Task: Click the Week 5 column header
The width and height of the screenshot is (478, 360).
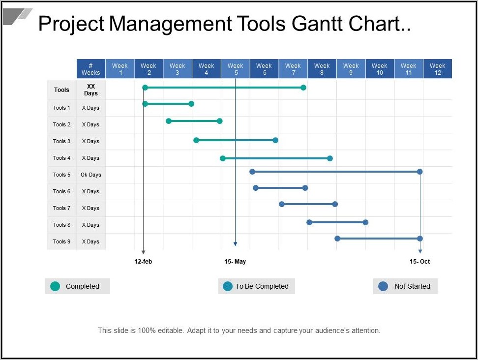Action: pyautogui.click(x=235, y=69)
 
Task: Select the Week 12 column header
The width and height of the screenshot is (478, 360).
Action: pyautogui.click(x=437, y=69)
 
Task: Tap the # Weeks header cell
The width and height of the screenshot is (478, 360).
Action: pyautogui.click(x=91, y=69)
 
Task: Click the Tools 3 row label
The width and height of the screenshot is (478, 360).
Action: pyautogui.click(x=62, y=141)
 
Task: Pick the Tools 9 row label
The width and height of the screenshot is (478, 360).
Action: pyautogui.click(x=62, y=241)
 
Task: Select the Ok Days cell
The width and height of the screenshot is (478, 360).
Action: pyautogui.click(x=91, y=175)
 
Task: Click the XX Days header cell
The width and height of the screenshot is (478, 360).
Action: pyautogui.click(x=91, y=90)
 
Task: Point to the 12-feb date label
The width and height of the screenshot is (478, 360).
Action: pyautogui.click(x=143, y=262)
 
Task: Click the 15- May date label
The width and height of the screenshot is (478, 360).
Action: pyautogui.click(x=235, y=262)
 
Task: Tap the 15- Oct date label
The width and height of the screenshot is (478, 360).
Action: pyautogui.click(x=419, y=262)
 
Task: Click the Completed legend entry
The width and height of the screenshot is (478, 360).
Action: pyautogui.click(x=78, y=286)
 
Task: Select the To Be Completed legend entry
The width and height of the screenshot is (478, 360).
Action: pyautogui.click(x=256, y=286)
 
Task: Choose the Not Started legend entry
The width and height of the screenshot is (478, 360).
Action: pyautogui.click(x=405, y=286)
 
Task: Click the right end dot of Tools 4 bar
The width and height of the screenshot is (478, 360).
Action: pyautogui.click(x=330, y=158)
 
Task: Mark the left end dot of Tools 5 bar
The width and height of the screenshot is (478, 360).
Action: pyautogui.click(x=252, y=172)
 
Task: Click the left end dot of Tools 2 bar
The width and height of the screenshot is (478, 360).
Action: pyautogui.click(x=169, y=121)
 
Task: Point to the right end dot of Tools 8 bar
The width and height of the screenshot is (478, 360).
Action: pyautogui.click(x=365, y=222)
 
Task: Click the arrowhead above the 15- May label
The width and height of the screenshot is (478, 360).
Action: pyautogui.click(x=235, y=244)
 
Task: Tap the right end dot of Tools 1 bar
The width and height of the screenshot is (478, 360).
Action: pyautogui.click(x=192, y=104)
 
